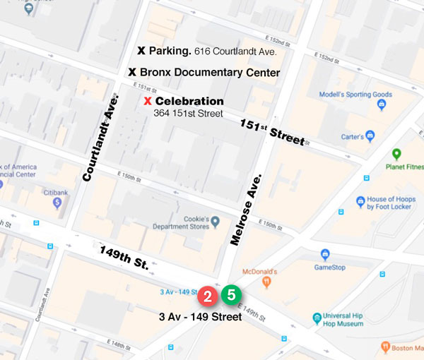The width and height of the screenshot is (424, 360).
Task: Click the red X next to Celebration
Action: (x=147, y=102)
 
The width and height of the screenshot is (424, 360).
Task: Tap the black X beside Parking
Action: (x=141, y=52)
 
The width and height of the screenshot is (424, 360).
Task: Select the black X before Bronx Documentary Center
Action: (x=131, y=72)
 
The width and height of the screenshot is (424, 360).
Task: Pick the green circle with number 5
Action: (x=231, y=294)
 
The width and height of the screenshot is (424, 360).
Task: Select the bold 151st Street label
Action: (x=270, y=131)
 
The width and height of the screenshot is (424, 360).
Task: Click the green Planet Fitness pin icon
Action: (x=396, y=154)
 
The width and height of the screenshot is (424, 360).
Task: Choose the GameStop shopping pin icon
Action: (x=325, y=254)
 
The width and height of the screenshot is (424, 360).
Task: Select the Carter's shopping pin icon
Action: (x=369, y=136)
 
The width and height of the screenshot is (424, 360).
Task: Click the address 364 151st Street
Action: (x=188, y=114)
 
